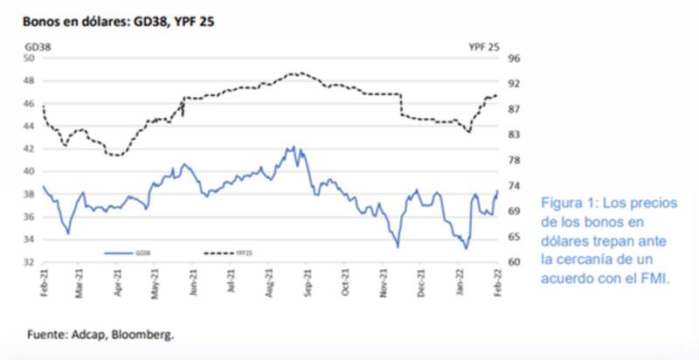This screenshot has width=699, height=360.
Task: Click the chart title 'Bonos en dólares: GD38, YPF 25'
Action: (119, 20)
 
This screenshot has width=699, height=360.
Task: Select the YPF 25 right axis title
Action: (483, 45)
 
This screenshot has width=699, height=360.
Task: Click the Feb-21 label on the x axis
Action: (43, 285)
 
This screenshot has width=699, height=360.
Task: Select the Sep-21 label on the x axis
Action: (308, 285)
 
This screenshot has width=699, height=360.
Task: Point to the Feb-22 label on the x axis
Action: (497, 285)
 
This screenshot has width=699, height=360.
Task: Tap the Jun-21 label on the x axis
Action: (194, 285)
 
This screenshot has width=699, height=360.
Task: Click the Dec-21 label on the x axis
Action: (421, 285)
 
